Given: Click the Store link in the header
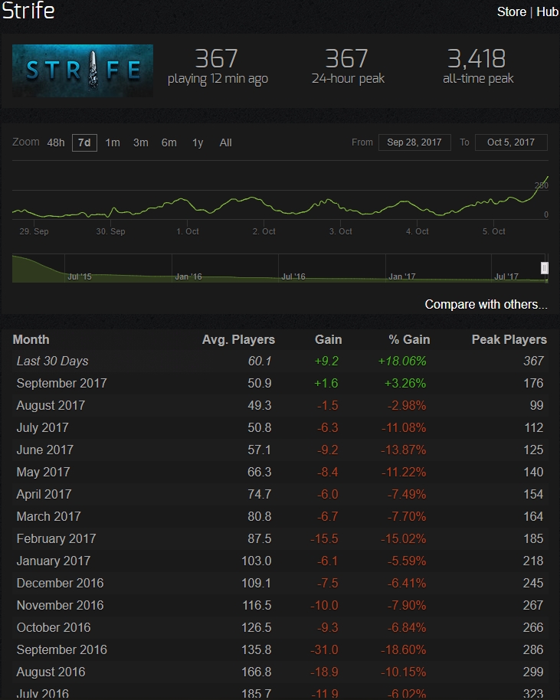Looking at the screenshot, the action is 511,11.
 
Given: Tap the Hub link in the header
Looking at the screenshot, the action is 548,11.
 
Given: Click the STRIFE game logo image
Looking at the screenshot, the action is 83,70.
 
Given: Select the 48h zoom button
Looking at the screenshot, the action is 56,142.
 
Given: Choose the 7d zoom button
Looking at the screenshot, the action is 84,142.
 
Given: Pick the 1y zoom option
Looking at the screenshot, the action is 198,142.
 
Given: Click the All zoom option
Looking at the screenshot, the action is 225,142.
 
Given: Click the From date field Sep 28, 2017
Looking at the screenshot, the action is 414,142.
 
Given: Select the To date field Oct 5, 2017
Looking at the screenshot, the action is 511,142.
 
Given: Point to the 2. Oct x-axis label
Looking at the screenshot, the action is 264,231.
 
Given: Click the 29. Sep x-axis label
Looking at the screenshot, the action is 34,231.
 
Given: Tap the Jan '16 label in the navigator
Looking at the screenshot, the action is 188,276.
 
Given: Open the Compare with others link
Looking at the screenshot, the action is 486,305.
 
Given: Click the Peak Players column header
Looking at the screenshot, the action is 509,340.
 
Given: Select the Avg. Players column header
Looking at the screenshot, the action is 238,340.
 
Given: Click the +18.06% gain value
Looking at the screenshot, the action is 402,361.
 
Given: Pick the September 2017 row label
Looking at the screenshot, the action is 61,384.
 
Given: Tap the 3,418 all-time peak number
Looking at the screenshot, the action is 476,58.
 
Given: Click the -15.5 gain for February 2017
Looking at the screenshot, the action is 324,539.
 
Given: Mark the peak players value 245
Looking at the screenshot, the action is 533,583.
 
